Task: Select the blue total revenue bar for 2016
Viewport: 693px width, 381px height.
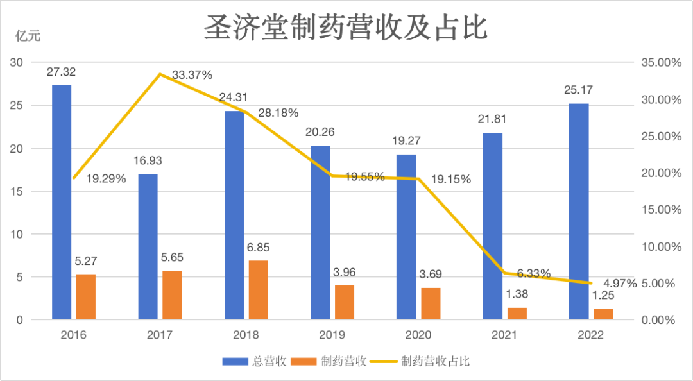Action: click(x=62, y=201)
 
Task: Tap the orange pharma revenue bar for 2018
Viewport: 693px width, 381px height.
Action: click(x=258, y=289)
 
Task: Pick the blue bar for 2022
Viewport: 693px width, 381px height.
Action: click(x=579, y=211)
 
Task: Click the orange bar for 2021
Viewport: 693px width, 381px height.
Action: click(x=517, y=313)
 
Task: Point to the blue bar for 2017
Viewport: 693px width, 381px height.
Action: click(x=148, y=246)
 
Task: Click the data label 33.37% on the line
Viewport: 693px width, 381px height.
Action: click(x=192, y=75)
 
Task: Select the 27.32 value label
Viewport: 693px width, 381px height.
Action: click(x=61, y=72)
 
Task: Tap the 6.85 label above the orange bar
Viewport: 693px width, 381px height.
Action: click(x=258, y=248)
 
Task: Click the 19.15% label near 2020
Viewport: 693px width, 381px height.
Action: click(x=451, y=180)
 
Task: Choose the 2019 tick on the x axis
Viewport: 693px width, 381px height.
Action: click(x=332, y=335)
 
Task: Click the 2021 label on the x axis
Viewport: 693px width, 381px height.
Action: click(x=504, y=335)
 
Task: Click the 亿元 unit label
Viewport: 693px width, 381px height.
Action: click(x=28, y=36)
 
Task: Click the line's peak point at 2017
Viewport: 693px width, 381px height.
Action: click(x=160, y=74)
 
